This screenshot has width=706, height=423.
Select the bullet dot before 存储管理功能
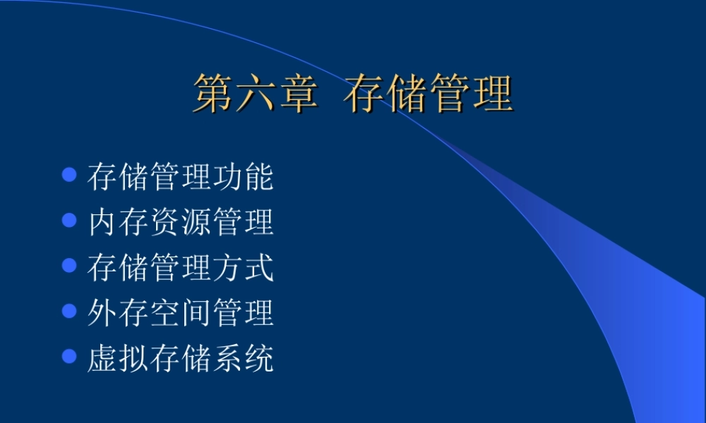(x=69, y=175)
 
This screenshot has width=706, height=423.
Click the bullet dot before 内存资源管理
(x=69, y=220)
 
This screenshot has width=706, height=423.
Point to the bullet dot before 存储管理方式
(x=69, y=266)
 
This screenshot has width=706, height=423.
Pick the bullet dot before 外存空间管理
(x=69, y=311)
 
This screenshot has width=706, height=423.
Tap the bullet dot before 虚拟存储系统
(x=69, y=356)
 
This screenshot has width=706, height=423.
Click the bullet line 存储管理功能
(x=180, y=176)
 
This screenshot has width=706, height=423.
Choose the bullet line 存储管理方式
(x=180, y=267)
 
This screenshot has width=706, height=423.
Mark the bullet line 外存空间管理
(x=180, y=312)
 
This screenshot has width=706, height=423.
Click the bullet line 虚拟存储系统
(x=180, y=358)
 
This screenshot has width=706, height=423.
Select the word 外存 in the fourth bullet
(x=118, y=312)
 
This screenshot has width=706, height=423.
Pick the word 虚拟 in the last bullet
(x=118, y=358)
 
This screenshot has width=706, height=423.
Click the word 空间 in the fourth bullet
(x=180, y=312)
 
